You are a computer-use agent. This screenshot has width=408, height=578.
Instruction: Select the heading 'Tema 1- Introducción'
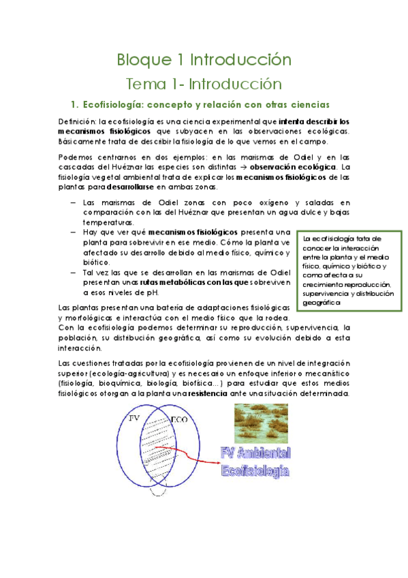click(x=204, y=84)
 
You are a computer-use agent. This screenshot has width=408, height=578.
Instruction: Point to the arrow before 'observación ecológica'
click(x=244, y=166)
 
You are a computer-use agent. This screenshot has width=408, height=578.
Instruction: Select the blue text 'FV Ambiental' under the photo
click(x=256, y=453)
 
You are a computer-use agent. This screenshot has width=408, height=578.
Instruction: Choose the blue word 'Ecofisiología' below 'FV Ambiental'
click(x=256, y=470)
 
